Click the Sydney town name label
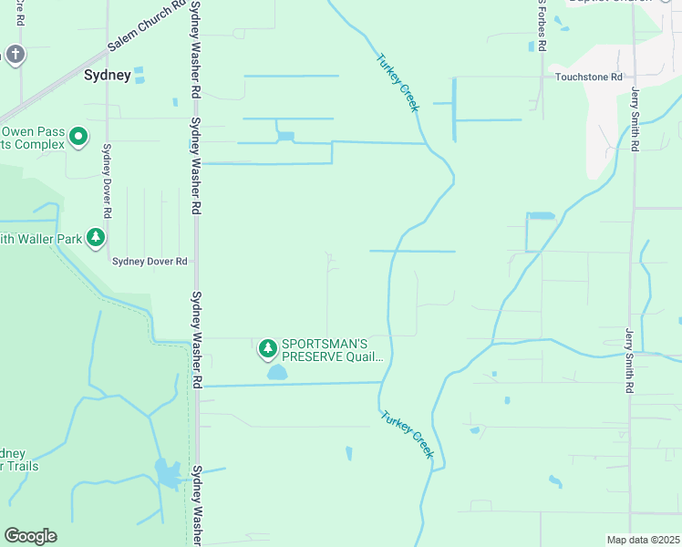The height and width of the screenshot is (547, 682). [108, 76]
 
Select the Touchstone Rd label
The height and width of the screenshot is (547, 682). [588, 78]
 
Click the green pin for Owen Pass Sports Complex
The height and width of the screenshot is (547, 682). [78, 138]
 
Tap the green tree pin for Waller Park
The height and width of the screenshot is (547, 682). [96, 238]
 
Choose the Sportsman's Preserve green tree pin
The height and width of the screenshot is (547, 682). [267, 348]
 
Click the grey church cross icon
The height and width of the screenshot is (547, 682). [15, 56]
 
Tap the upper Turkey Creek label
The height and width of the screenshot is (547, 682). [398, 83]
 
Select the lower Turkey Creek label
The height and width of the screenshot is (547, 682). [408, 434]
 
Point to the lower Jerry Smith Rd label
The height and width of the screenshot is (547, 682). [629, 360]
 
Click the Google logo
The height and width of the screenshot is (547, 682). [30, 536]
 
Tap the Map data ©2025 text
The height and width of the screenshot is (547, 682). [642, 540]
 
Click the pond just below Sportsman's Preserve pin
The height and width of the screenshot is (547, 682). [276, 372]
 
